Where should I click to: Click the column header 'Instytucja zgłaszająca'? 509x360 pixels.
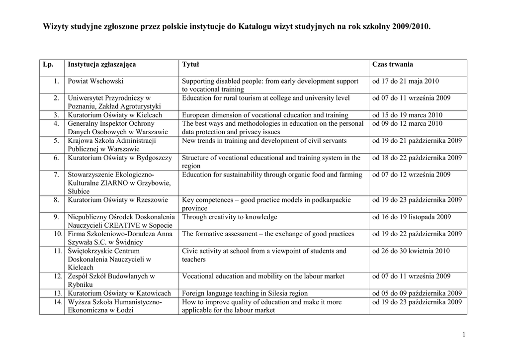[x=101, y=65]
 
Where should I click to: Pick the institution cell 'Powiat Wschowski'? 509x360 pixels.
[x=95, y=81]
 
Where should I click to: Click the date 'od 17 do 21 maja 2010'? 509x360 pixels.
[x=406, y=81]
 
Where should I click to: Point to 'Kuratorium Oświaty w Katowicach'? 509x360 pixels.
[x=119, y=293]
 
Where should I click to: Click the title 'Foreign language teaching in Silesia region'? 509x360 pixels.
[x=245, y=293]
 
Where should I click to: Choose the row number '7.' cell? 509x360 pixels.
[x=57, y=175]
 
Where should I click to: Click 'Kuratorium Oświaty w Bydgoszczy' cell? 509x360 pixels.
[x=120, y=158]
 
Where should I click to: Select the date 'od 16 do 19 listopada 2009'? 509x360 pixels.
[x=412, y=217]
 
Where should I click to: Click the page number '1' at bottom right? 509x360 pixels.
[x=463, y=335]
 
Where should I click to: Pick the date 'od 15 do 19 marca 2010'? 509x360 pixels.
[x=407, y=115]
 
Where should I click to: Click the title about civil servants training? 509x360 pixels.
[x=264, y=141]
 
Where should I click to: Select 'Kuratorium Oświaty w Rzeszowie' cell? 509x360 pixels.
[x=118, y=200]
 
